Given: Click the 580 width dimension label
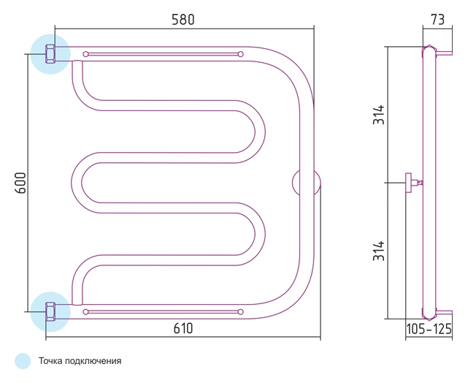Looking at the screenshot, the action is (183, 20).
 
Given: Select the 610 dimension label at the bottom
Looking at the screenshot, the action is (183, 329).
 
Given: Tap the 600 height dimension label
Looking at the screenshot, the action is (21, 183).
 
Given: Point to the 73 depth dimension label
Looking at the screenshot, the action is (437, 20).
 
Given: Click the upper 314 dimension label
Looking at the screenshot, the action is (379, 115).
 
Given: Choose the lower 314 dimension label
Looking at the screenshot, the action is (379, 251).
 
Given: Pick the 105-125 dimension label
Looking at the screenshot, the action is (429, 329).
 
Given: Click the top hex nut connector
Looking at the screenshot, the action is (50, 54).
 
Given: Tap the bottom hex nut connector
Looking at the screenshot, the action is (50, 311).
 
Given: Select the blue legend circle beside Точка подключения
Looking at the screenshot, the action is (23, 361).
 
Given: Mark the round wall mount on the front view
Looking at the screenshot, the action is (306, 183).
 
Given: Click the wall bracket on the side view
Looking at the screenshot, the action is (413, 183).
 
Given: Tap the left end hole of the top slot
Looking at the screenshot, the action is (85, 54).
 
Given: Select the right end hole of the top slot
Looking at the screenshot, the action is (241, 54).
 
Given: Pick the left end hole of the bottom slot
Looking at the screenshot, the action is (85, 312).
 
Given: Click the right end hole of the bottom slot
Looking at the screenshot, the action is (241, 312).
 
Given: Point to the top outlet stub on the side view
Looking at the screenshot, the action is (444, 54).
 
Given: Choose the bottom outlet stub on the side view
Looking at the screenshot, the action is (444, 313).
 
